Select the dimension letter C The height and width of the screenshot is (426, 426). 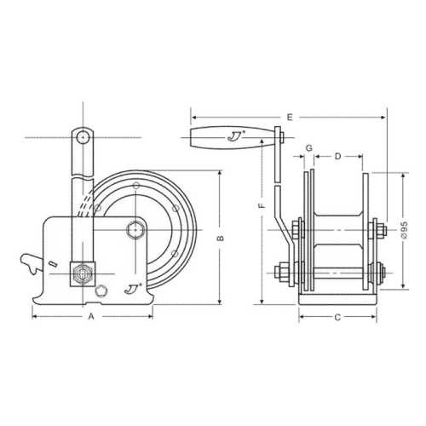pyautogui.click(x=337, y=317)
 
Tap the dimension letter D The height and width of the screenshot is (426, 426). pyautogui.click(x=337, y=157)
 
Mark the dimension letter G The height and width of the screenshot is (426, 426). pyautogui.click(x=308, y=149)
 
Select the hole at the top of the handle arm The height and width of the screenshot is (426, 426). pyautogui.click(x=81, y=136)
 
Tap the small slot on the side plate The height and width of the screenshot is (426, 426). pyautogui.click(x=53, y=265)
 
